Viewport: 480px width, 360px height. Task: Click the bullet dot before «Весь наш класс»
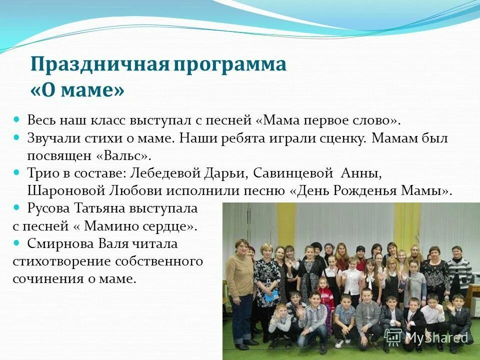click(x=16, y=120)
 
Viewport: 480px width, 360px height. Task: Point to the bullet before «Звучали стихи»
click(x=16, y=137)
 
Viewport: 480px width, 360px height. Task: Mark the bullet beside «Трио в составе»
click(x=16, y=173)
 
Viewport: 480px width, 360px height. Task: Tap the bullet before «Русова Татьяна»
click(x=16, y=207)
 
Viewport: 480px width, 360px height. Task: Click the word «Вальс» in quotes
click(x=124, y=155)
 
